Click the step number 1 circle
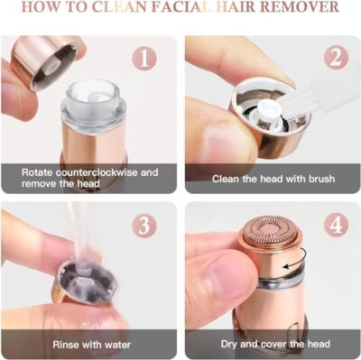144,59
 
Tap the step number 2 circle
336,59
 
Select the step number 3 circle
144,225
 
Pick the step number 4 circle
336,225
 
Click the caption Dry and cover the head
273,343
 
